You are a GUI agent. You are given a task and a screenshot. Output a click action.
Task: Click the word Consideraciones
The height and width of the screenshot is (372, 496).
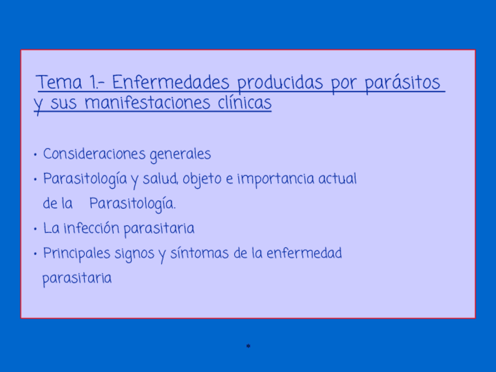tap(94, 154)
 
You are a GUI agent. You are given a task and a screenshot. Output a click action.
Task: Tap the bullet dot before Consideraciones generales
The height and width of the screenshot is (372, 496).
tap(36, 155)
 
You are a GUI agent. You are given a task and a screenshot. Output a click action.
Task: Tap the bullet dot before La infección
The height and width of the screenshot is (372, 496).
tap(36, 229)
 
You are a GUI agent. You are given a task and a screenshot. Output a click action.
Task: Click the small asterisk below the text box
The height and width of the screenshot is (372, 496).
tap(249, 347)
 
